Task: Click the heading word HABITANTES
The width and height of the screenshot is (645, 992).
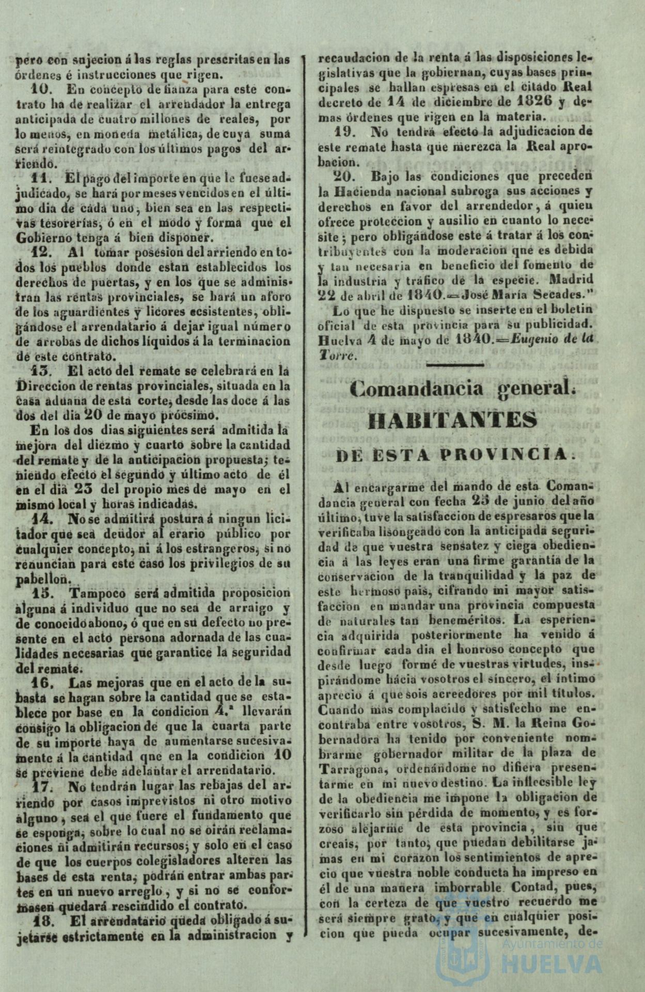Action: click(x=452, y=421)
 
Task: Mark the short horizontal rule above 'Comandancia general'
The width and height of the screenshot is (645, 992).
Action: click(x=455, y=365)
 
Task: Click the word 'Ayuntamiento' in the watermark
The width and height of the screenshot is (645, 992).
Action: click(x=553, y=944)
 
